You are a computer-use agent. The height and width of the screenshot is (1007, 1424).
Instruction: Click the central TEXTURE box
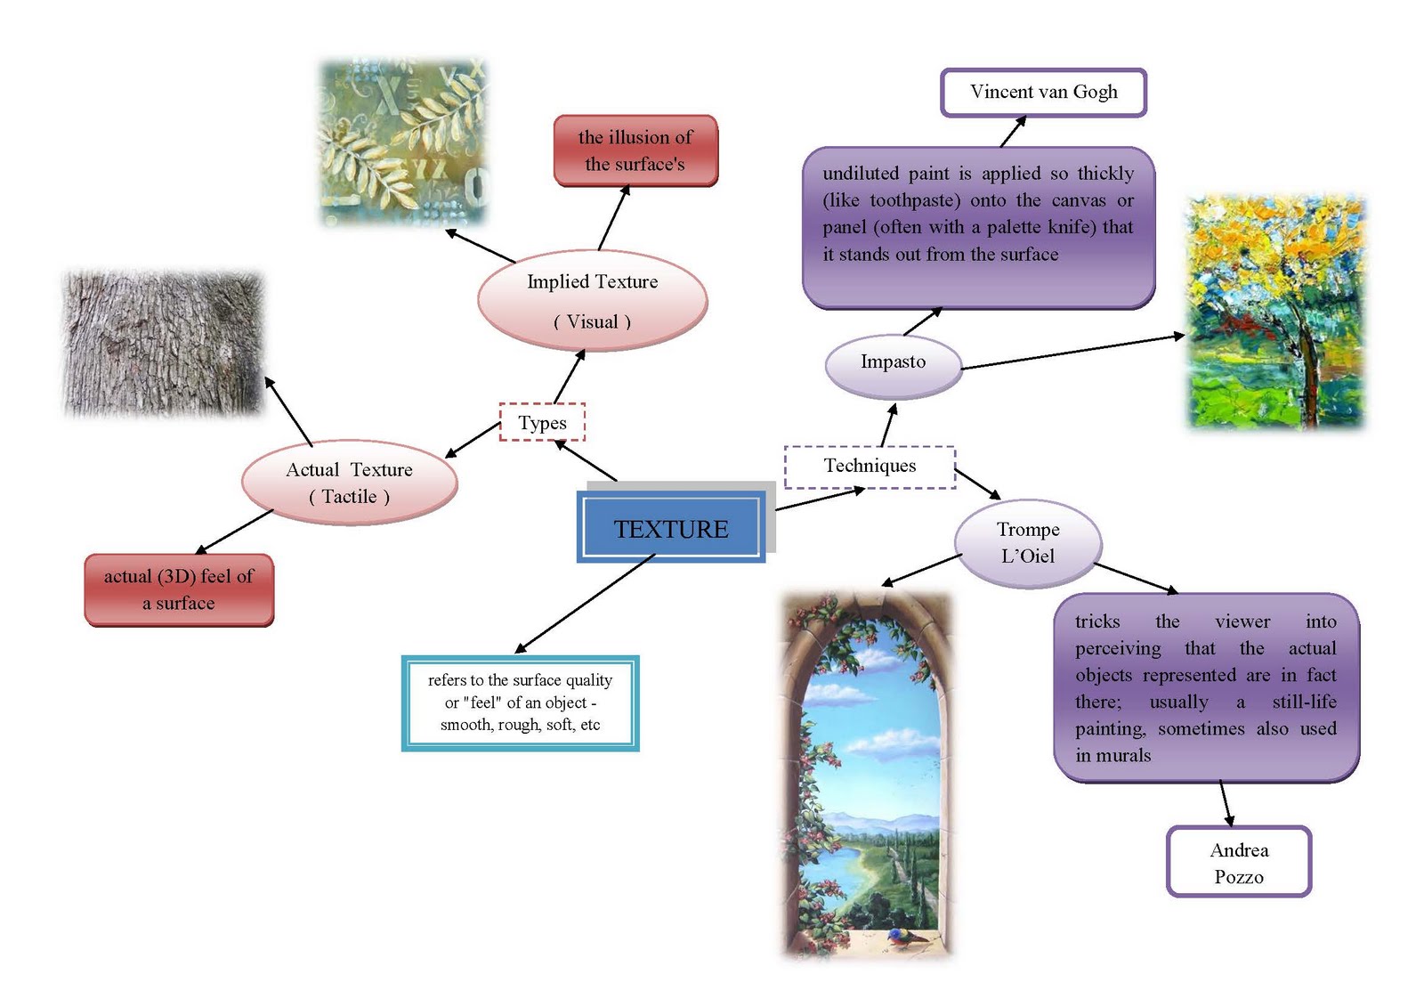tap(671, 528)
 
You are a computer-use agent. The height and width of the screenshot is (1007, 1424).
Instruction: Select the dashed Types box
tap(542, 422)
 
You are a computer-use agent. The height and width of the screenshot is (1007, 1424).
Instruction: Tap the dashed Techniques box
tap(870, 466)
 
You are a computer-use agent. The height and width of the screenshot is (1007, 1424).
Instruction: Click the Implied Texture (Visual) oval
tap(592, 301)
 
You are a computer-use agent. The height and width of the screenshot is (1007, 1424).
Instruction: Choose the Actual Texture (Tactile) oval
tap(349, 483)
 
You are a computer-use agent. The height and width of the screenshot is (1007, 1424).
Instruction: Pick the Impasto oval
tap(893, 361)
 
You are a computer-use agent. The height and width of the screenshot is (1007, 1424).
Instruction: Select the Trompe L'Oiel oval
tap(1028, 542)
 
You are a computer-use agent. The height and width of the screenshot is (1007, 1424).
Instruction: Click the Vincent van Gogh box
tap(1043, 92)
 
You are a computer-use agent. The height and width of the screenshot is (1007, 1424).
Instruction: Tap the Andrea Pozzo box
tap(1238, 862)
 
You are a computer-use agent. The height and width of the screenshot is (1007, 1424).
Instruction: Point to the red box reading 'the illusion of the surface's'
tap(635, 150)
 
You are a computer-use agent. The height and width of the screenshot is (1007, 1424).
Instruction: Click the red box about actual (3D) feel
tap(179, 589)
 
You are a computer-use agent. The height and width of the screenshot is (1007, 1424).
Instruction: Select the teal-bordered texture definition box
tap(521, 702)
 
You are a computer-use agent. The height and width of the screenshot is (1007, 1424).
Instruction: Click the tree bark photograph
tap(164, 343)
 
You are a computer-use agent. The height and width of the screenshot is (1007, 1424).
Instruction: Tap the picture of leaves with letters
tap(404, 142)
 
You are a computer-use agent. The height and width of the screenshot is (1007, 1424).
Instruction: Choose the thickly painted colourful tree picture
tap(1274, 312)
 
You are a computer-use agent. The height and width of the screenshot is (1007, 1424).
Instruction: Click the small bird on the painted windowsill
tap(901, 936)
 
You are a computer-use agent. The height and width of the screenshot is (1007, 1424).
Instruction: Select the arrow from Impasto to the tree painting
tap(1072, 351)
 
